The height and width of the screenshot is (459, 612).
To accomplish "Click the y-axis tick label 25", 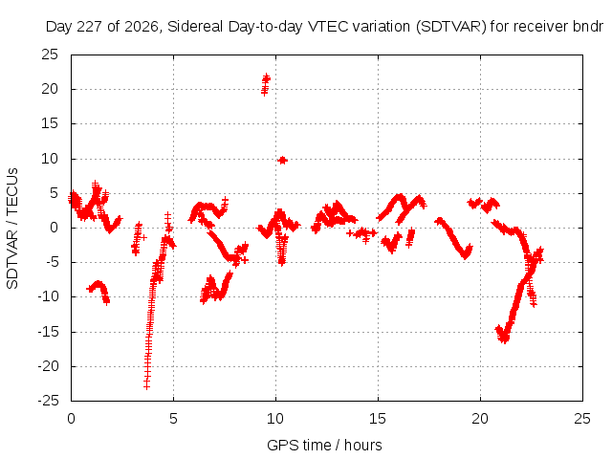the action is tap(50, 55).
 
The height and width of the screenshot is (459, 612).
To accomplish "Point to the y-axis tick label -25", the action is tap(49, 401).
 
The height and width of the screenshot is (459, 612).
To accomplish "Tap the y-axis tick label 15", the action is tap(50, 123).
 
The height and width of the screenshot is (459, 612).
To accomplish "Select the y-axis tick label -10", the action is tap(49, 296).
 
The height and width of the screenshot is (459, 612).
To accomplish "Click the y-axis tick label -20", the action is tap(49, 366).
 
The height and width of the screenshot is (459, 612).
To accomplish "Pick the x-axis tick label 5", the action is tap(173, 419).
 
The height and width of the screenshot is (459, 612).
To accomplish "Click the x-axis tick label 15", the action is tap(378, 419).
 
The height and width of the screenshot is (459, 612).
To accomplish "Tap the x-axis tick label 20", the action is tap(480, 419).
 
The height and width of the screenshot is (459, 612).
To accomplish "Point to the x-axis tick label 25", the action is tap(582, 419).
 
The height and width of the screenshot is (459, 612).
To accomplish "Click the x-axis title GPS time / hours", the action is tap(324, 445).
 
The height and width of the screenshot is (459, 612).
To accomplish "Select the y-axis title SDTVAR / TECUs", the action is tap(12, 229).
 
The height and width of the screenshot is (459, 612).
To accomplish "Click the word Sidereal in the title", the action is tap(195, 27).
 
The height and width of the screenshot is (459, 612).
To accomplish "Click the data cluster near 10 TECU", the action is tap(283, 160).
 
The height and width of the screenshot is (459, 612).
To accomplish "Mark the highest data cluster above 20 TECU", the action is tap(266, 84).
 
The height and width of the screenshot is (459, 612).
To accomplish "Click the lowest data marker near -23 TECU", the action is tap(146, 386).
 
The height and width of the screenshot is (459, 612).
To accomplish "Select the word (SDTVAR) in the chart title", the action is tap(450, 27).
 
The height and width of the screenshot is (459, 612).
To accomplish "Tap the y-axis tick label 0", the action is tap(54, 228).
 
